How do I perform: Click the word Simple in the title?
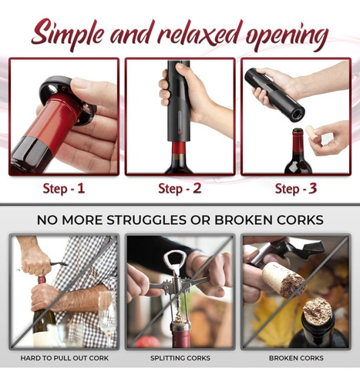coord(68,34)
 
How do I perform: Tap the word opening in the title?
coord(287,37)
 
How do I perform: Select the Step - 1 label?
coord(64,189)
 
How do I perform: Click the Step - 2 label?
coord(180,189)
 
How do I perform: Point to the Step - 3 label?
coord(296,189)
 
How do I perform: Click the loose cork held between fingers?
coord(312,132)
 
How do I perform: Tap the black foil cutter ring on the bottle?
coord(67,99)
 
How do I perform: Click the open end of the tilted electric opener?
coord(298,114)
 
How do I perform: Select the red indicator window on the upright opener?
coord(180,122)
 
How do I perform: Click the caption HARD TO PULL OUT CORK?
coord(65,358)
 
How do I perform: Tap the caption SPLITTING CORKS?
coord(180,358)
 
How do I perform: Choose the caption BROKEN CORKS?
coord(296,358)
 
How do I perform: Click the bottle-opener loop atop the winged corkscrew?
coord(175,259)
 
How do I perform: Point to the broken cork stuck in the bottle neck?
coord(318,311)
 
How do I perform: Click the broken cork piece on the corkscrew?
coord(284,280)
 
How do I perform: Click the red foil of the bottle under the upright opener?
coord(179,148)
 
